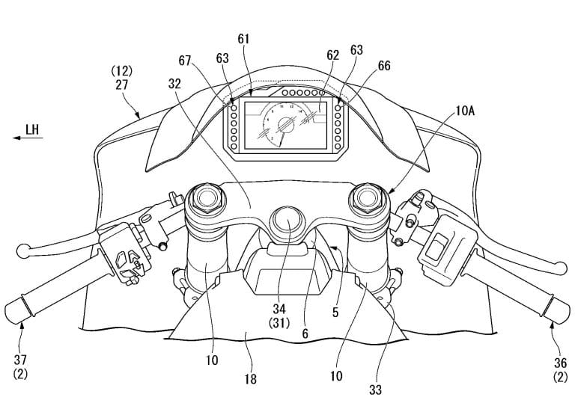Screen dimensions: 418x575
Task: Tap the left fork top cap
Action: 206,198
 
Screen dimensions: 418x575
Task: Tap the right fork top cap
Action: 369,198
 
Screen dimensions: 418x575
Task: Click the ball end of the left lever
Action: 23,247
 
